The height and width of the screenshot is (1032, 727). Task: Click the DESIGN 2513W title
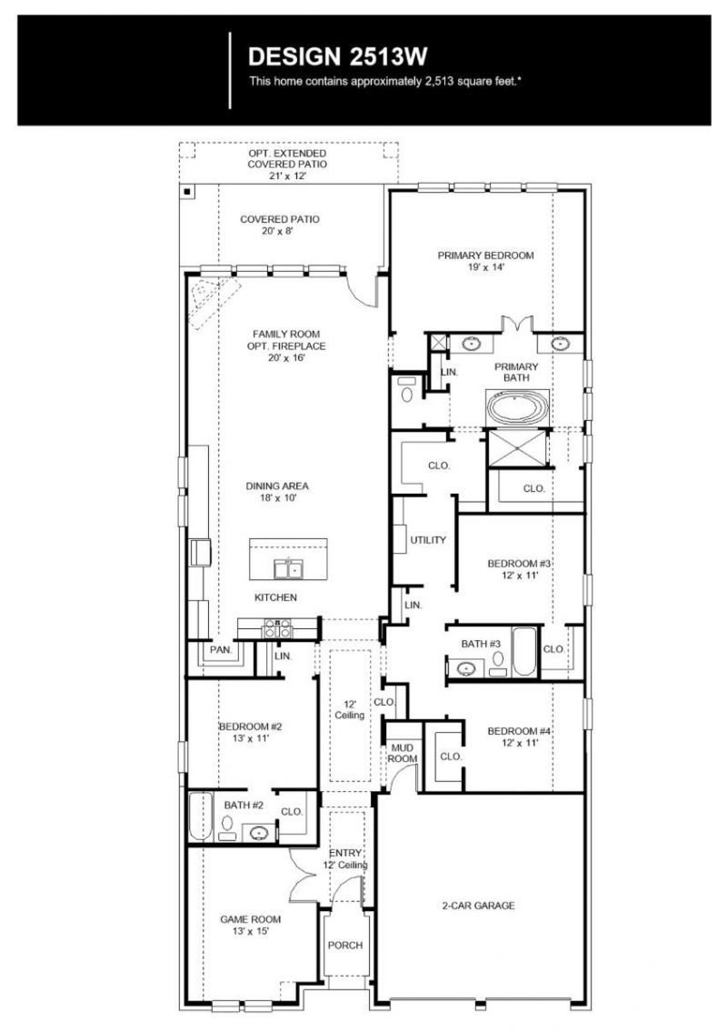tap(337, 57)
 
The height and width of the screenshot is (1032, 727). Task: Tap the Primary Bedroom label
tap(485, 255)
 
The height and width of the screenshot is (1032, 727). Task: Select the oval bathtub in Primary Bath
tap(517, 407)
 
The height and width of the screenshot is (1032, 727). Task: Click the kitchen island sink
tap(287, 568)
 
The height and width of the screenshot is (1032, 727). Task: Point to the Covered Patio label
tap(280, 219)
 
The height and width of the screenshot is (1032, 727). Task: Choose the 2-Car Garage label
tap(478, 906)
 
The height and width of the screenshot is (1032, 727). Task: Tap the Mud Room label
tap(402, 753)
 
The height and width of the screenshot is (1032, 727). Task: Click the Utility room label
tap(428, 540)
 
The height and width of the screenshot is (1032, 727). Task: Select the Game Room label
tap(251, 919)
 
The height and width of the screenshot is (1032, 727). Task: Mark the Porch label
tap(345, 945)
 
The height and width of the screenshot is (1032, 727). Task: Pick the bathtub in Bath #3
tap(525, 652)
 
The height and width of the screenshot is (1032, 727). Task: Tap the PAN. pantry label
tap(221, 649)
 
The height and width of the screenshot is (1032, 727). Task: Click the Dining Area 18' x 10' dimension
tap(278, 498)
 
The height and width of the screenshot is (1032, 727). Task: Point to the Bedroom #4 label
tap(519, 731)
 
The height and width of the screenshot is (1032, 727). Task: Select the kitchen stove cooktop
tap(278, 628)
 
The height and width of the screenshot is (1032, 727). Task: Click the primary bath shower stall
tap(516, 448)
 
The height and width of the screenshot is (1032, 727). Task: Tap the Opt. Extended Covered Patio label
tap(287, 158)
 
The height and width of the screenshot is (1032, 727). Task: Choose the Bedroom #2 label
tap(251, 726)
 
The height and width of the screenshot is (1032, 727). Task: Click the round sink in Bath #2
tap(260, 833)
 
